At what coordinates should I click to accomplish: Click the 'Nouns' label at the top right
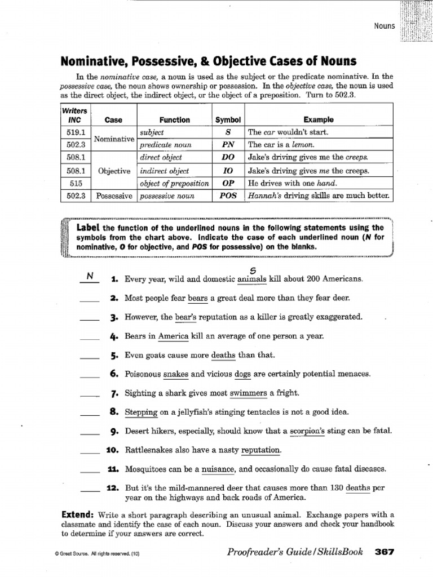coord(385,26)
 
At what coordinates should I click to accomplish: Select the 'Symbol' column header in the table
coord(228,119)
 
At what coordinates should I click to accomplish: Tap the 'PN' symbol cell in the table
coord(228,145)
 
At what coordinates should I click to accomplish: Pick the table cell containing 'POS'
coord(228,196)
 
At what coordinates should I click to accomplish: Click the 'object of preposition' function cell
coord(174,183)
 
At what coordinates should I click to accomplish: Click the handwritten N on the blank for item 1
coord(89,276)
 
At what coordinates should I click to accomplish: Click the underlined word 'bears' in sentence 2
coord(198,298)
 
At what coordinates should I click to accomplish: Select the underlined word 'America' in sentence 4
coord(173,336)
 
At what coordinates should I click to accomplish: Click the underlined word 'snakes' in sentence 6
coord(176,374)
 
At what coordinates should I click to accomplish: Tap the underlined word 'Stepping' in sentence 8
coord(141,412)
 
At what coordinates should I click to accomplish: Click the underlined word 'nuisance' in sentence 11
coord(218,469)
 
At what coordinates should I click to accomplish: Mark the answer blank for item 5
coord(89,357)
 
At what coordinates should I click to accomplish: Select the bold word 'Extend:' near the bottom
coord(77,514)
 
